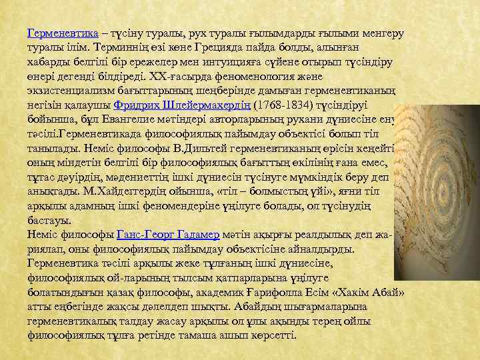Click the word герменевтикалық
(71, 321)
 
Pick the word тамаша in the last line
(198, 335)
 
